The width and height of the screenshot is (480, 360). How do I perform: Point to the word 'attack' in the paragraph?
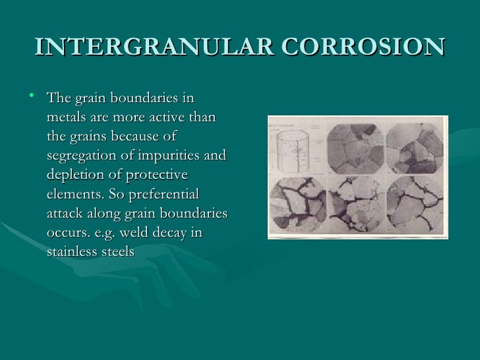tap(66, 214)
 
